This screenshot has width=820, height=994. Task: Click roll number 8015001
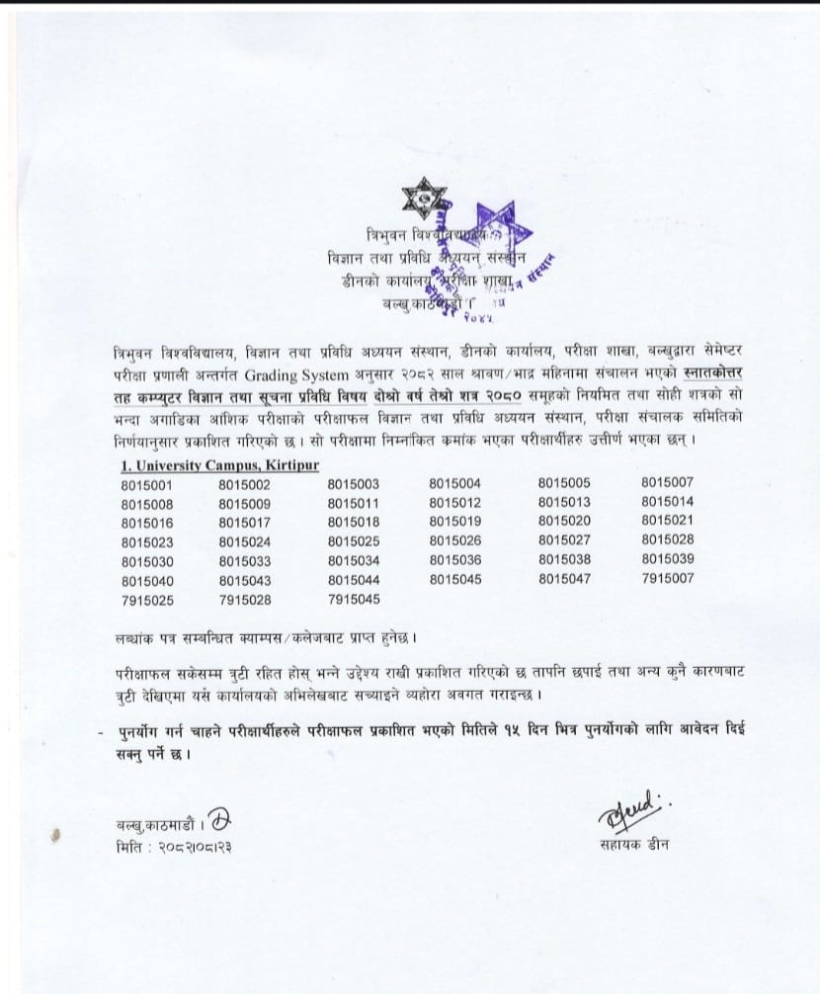(147, 484)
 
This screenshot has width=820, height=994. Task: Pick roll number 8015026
(455, 540)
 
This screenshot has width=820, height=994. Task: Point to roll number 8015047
(564, 579)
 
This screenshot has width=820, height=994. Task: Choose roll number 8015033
(245, 559)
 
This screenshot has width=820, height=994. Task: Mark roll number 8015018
(354, 522)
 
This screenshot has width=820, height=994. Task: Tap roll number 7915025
(147, 598)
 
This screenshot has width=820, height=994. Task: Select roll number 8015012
(455, 503)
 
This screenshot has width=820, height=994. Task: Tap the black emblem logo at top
(425, 203)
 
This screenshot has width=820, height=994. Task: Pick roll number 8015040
(147, 579)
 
